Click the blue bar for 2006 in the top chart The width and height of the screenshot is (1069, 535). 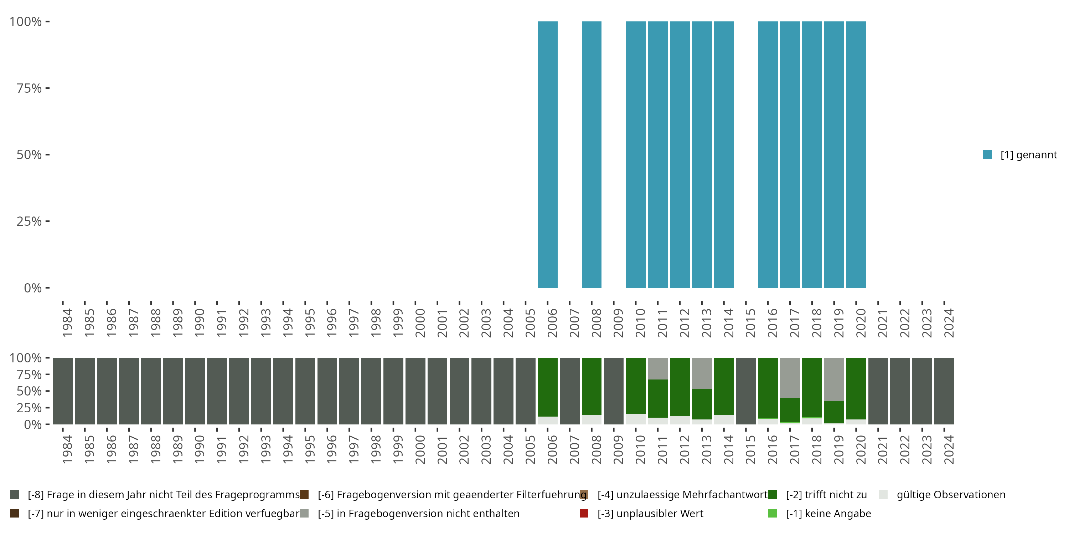(x=547, y=154)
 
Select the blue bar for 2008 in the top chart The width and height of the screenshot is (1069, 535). (x=592, y=154)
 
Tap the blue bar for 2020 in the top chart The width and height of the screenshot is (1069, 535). (x=856, y=154)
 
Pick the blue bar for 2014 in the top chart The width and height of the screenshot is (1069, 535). (x=724, y=154)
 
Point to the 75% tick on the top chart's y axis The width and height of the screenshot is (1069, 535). (x=29, y=88)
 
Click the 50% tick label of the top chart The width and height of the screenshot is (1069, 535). (x=29, y=155)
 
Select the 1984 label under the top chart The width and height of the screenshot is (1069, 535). (x=67, y=323)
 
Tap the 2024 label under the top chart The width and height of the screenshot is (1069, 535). (x=949, y=323)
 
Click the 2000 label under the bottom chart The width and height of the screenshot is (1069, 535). (x=420, y=449)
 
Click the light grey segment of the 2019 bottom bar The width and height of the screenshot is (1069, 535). (x=834, y=379)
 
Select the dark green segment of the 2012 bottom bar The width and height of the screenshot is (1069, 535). (x=679, y=386)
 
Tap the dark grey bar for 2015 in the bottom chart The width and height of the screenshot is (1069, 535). (x=746, y=391)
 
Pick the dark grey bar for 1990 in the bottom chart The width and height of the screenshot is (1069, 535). (x=195, y=391)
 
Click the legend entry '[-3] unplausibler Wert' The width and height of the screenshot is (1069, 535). (x=650, y=513)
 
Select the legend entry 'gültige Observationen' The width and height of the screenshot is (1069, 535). (x=951, y=495)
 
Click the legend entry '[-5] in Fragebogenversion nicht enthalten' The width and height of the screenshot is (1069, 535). (x=418, y=513)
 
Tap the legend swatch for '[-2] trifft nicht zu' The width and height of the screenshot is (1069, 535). (x=772, y=495)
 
